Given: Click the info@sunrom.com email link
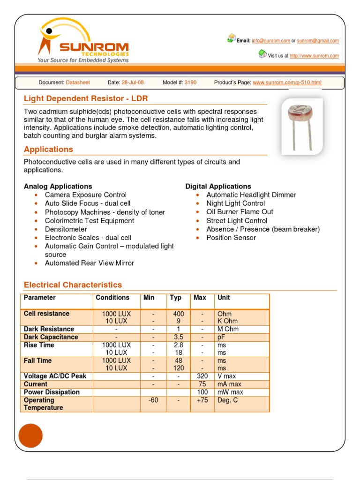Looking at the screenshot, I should [x=271, y=41].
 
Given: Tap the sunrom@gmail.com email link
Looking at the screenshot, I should [x=317, y=41].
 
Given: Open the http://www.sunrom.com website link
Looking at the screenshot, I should [x=314, y=56].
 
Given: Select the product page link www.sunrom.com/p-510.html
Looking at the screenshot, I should [x=287, y=82].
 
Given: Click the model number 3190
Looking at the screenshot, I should [x=190, y=82].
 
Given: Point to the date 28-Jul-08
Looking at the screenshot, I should [x=133, y=82].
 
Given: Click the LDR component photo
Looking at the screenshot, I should [x=302, y=126].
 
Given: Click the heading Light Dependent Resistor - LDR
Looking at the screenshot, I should [x=86, y=98].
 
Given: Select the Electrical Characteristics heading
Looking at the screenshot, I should [x=73, y=285].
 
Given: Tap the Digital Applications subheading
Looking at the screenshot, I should [x=218, y=187].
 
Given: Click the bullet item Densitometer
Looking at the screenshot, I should [x=66, y=229].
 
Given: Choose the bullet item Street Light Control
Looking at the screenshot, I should [x=237, y=221].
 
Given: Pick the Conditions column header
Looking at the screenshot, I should [x=112, y=298].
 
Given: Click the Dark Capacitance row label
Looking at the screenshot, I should [x=51, y=337].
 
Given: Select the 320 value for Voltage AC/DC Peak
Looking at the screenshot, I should [x=202, y=376].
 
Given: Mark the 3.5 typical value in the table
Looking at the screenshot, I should [x=178, y=337].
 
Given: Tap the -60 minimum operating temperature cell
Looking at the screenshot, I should [x=153, y=400].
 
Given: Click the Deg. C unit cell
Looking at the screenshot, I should [x=228, y=400].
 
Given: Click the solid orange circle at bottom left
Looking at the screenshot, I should [x=30, y=435].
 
